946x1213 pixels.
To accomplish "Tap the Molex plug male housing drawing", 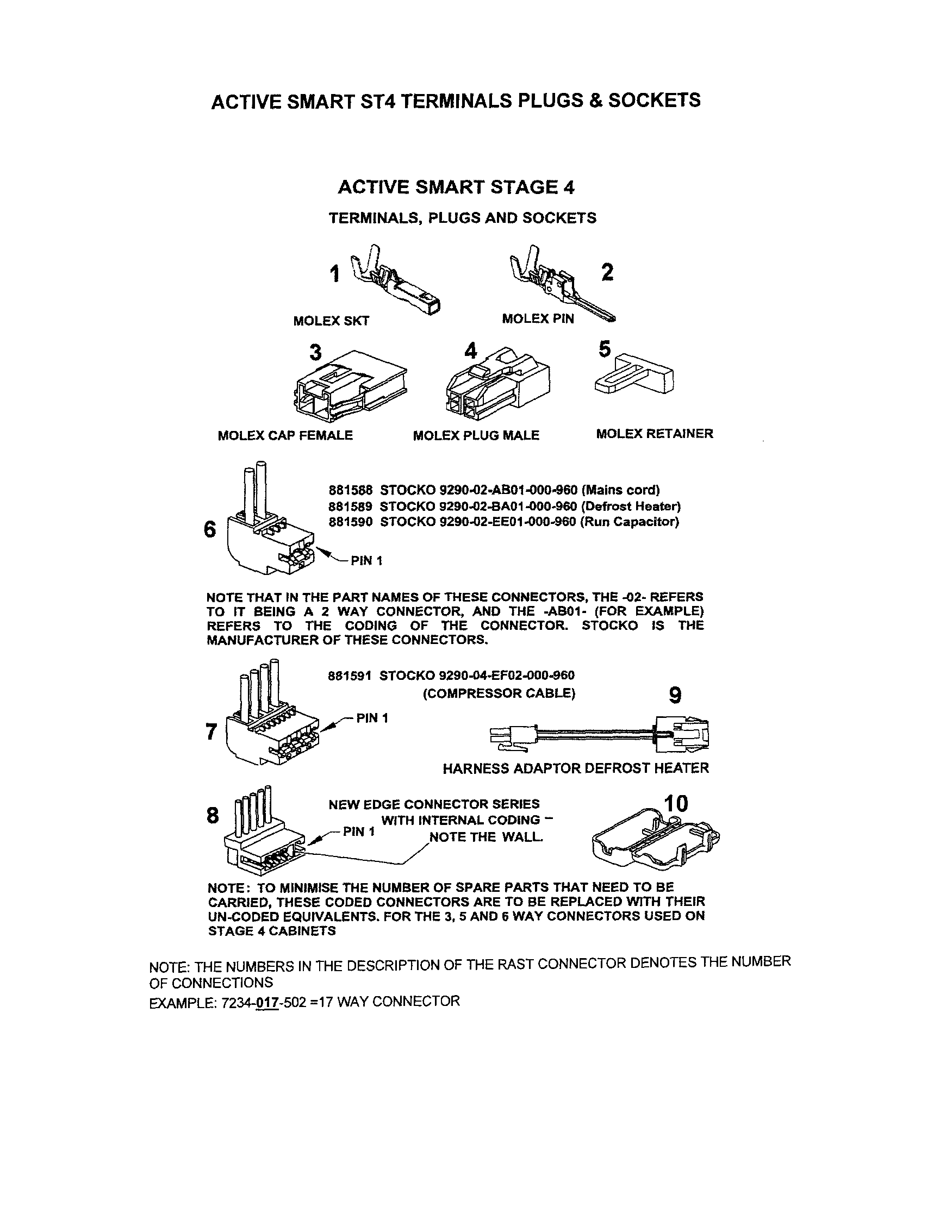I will pyautogui.click(x=497, y=384).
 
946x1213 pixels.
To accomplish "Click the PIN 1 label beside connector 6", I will pyautogui.click(x=366, y=561).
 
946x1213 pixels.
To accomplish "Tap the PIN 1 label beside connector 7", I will pyautogui.click(x=372, y=718).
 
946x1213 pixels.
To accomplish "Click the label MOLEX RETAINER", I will pyautogui.click(x=655, y=434).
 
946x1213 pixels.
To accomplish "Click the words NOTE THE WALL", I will pyautogui.click(x=486, y=837).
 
